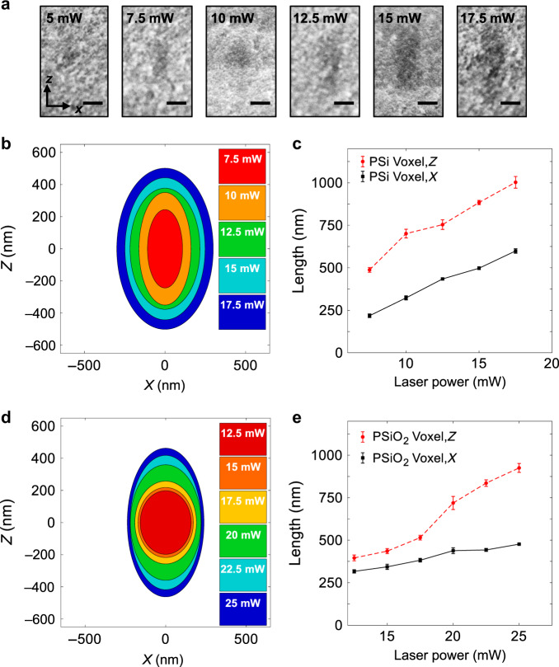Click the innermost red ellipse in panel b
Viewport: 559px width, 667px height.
(x=165, y=249)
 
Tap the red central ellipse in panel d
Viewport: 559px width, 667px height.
(x=165, y=523)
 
